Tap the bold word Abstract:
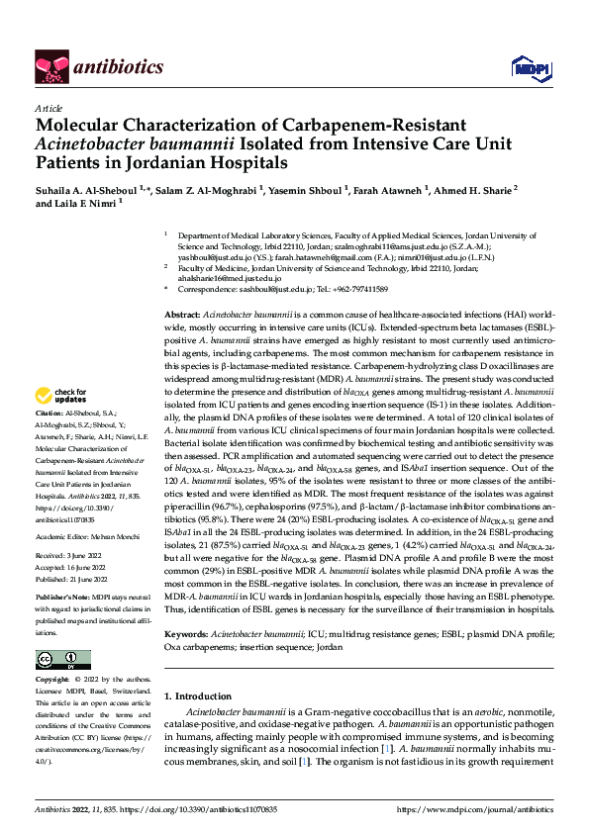183,314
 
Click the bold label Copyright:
53,680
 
